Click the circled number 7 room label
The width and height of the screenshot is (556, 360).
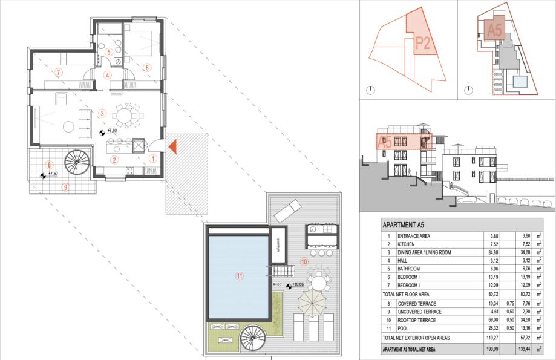pos(59,73)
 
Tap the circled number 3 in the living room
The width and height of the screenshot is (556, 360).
pos(102,114)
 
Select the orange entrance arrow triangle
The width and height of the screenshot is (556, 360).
pos(172,147)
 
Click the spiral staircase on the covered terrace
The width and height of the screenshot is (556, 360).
pos(77,162)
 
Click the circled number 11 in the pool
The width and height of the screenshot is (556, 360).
pos(240,275)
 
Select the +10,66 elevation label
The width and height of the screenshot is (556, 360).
pos(298,284)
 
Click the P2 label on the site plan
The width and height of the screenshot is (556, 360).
pos(423,43)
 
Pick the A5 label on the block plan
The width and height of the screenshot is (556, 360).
pos(494,30)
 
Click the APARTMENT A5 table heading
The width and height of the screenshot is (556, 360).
pos(403,225)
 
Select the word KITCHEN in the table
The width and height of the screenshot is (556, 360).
pos(406,244)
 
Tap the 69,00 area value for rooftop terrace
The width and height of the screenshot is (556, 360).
pos(492,320)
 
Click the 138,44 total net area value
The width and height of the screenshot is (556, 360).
pos(524,349)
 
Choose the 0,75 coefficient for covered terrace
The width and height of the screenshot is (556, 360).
pos(510,304)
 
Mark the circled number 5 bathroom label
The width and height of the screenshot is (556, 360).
pos(109,52)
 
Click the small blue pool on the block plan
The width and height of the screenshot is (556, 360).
pos(520,82)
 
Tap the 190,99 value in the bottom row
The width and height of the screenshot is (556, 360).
pos(492,349)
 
